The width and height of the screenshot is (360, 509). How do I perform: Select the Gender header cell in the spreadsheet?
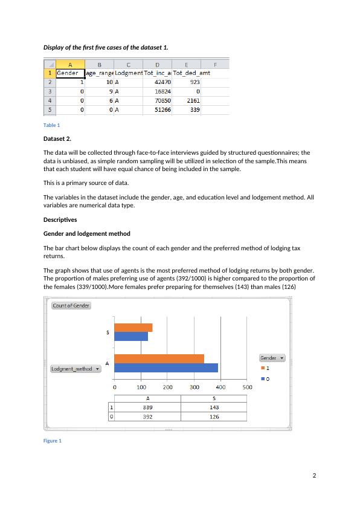coord(69,73)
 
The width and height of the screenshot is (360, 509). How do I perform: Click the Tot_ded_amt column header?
coord(191,73)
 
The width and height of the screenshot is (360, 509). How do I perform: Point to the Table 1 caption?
coord(52,125)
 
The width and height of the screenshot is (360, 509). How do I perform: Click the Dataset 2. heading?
coord(57,138)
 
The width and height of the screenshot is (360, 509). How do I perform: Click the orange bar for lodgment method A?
coord(159,358)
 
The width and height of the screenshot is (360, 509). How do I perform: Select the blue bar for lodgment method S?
coord(131,336)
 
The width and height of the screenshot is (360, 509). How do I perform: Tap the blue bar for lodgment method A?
coord(166,368)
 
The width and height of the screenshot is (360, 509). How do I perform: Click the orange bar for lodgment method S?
coord(133,328)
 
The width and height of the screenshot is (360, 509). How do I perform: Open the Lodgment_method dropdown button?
coord(76,369)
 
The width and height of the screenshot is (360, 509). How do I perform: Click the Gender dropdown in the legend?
coord(272,358)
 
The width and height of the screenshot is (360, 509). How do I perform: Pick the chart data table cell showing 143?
coord(214,407)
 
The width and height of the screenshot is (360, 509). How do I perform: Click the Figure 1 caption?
coord(53,441)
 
